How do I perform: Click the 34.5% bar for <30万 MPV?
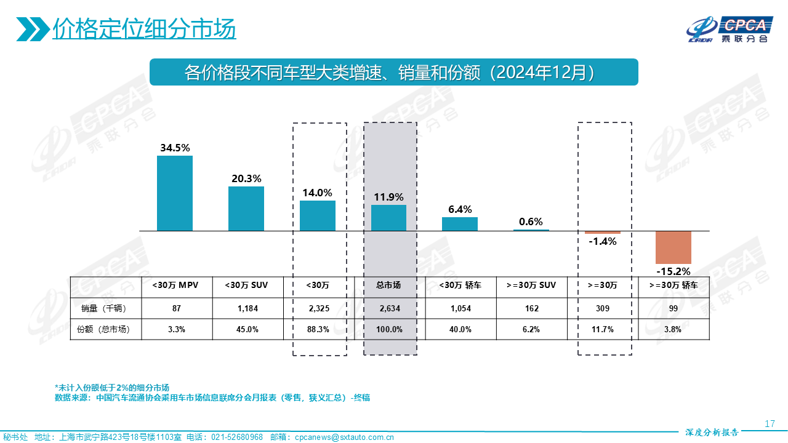tap(175, 193)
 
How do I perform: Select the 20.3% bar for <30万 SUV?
tap(246, 209)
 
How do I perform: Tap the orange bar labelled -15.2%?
tap(673, 247)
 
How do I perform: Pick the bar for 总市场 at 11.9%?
tap(388, 218)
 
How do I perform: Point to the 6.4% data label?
tap(460, 209)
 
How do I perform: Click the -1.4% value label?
tap(602, 241)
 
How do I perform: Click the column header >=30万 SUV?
tap(531, 285)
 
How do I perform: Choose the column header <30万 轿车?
tap(460, 285)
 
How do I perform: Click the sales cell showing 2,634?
tap(388, 308)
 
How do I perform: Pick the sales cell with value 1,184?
tap(247, 308)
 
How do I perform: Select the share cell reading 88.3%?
tap(318, 329)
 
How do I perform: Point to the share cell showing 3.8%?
tap(673, 329)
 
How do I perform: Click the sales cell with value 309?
tap(603, 308)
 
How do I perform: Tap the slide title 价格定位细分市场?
tap(144, 28)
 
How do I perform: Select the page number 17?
tap(770, 424)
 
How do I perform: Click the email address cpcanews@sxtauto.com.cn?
tap(344, 437)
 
